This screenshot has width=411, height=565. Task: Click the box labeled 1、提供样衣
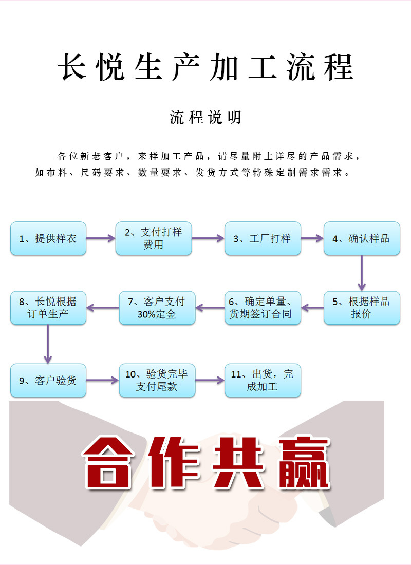pos(48,238)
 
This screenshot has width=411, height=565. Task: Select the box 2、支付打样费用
pos(154,238)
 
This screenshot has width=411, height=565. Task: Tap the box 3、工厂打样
pos(263,238)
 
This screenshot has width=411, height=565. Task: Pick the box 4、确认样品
pos(362,238)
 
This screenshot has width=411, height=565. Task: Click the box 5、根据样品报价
pos(362,308)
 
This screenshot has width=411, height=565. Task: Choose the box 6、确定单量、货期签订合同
pos(263,308)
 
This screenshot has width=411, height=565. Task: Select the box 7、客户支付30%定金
pos(157,308)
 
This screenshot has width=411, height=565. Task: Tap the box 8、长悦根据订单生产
pos(48,308)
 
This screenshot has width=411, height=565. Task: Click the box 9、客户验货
pos(48,381)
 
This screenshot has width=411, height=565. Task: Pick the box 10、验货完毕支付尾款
pos(157,381)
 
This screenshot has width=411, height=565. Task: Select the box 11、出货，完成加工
pos(263,381)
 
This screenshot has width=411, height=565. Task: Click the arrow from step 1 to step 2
pos(101,238)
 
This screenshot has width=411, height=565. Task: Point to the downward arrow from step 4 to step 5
pos(362,273)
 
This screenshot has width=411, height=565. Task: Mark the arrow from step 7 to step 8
pos(103,308)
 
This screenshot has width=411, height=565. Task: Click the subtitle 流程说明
pos(206,118)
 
